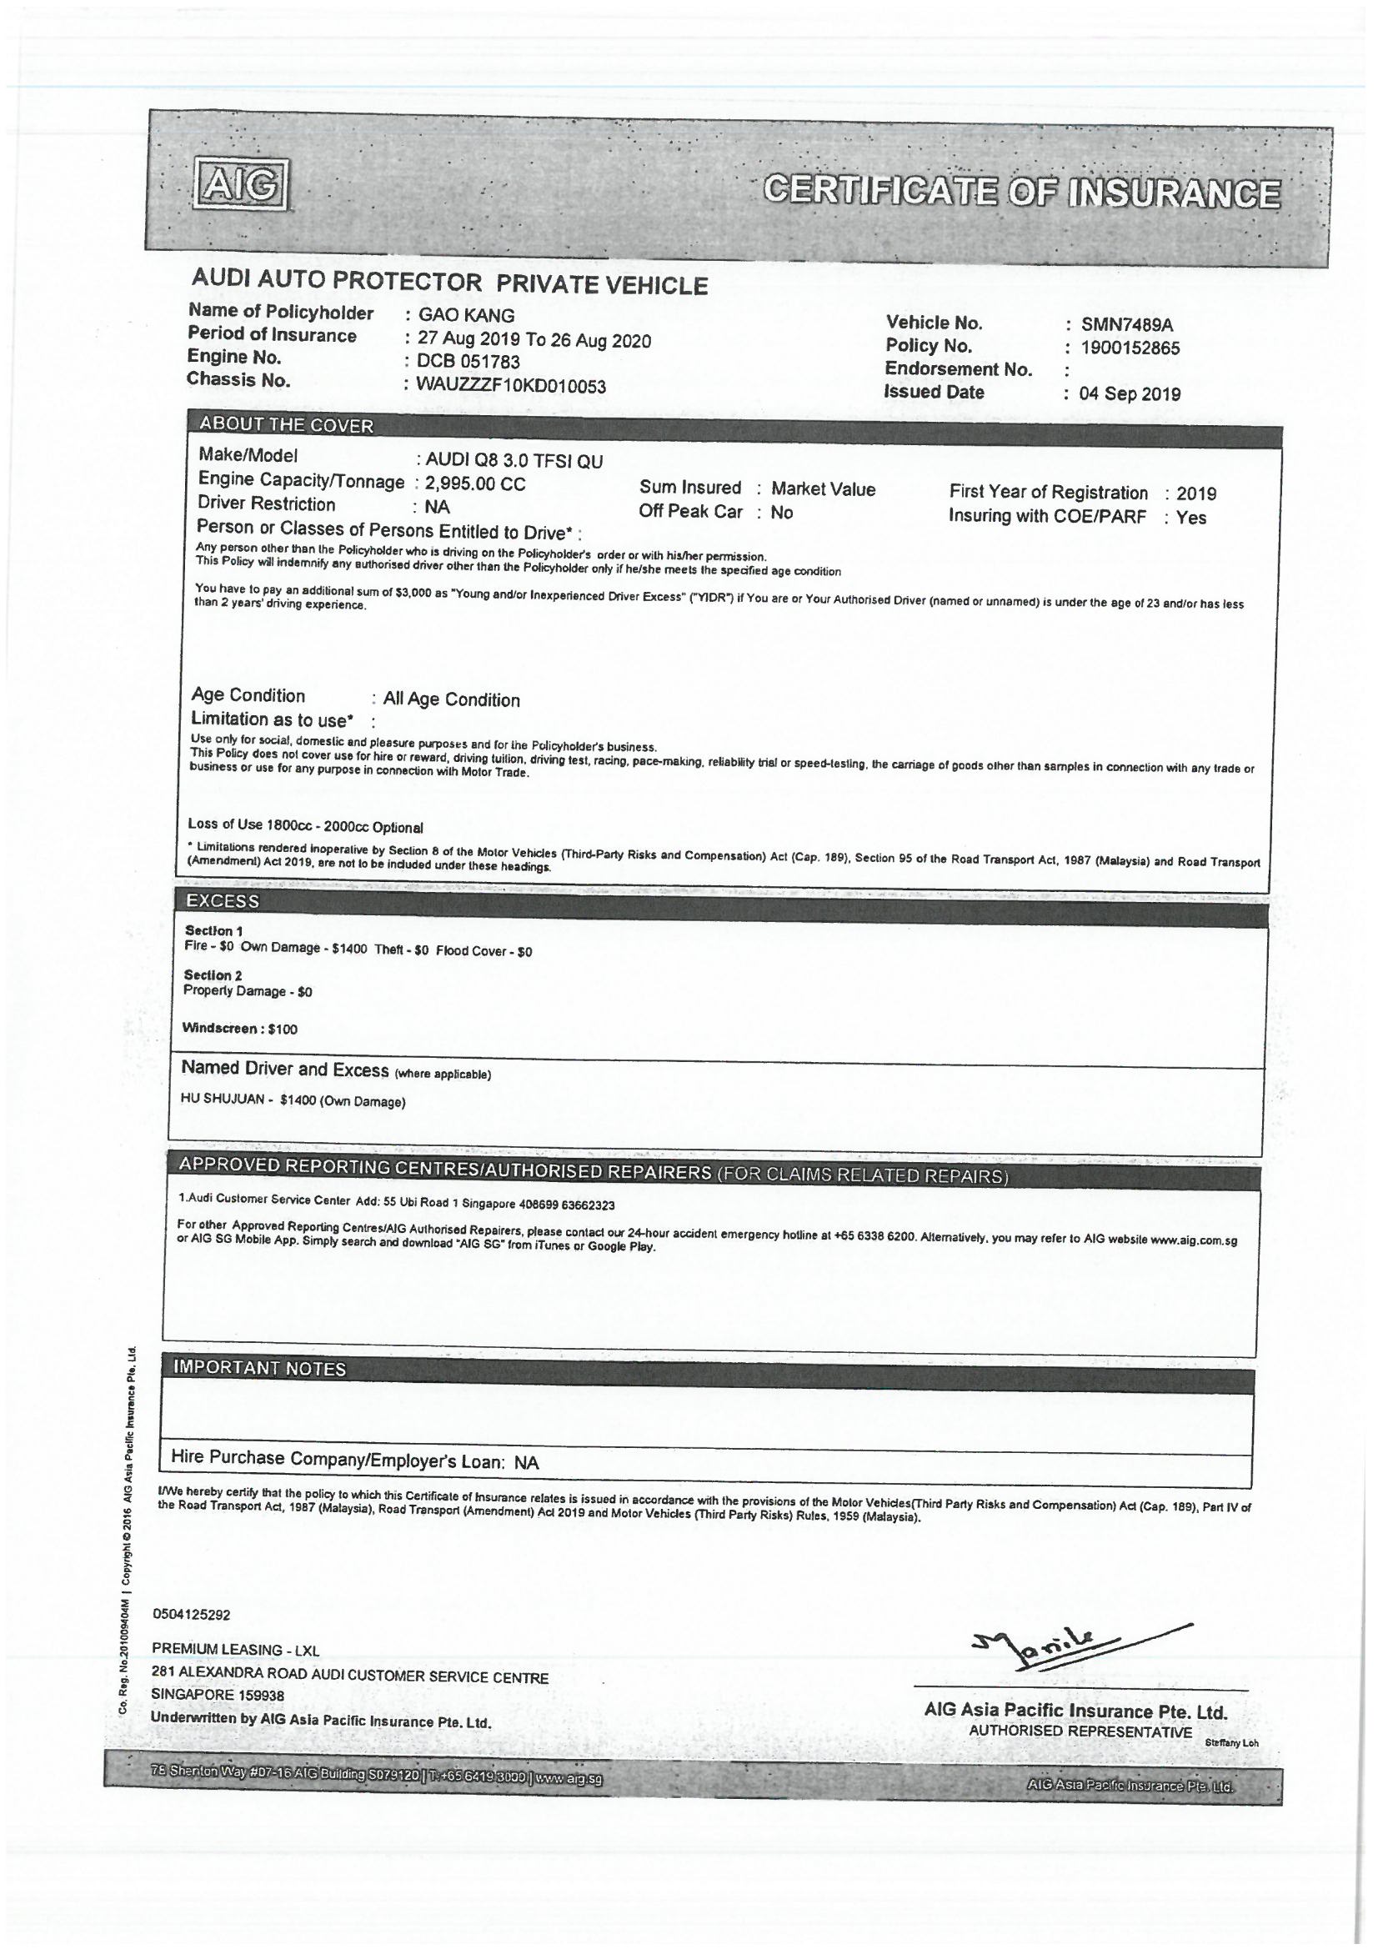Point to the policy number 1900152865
1130,348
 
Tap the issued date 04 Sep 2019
1130,393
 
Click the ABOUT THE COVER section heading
286,425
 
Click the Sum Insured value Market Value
823,489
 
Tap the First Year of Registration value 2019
1196,494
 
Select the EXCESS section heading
223,901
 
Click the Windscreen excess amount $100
283,1029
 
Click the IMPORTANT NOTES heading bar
259,1368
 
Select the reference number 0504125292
192,1615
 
